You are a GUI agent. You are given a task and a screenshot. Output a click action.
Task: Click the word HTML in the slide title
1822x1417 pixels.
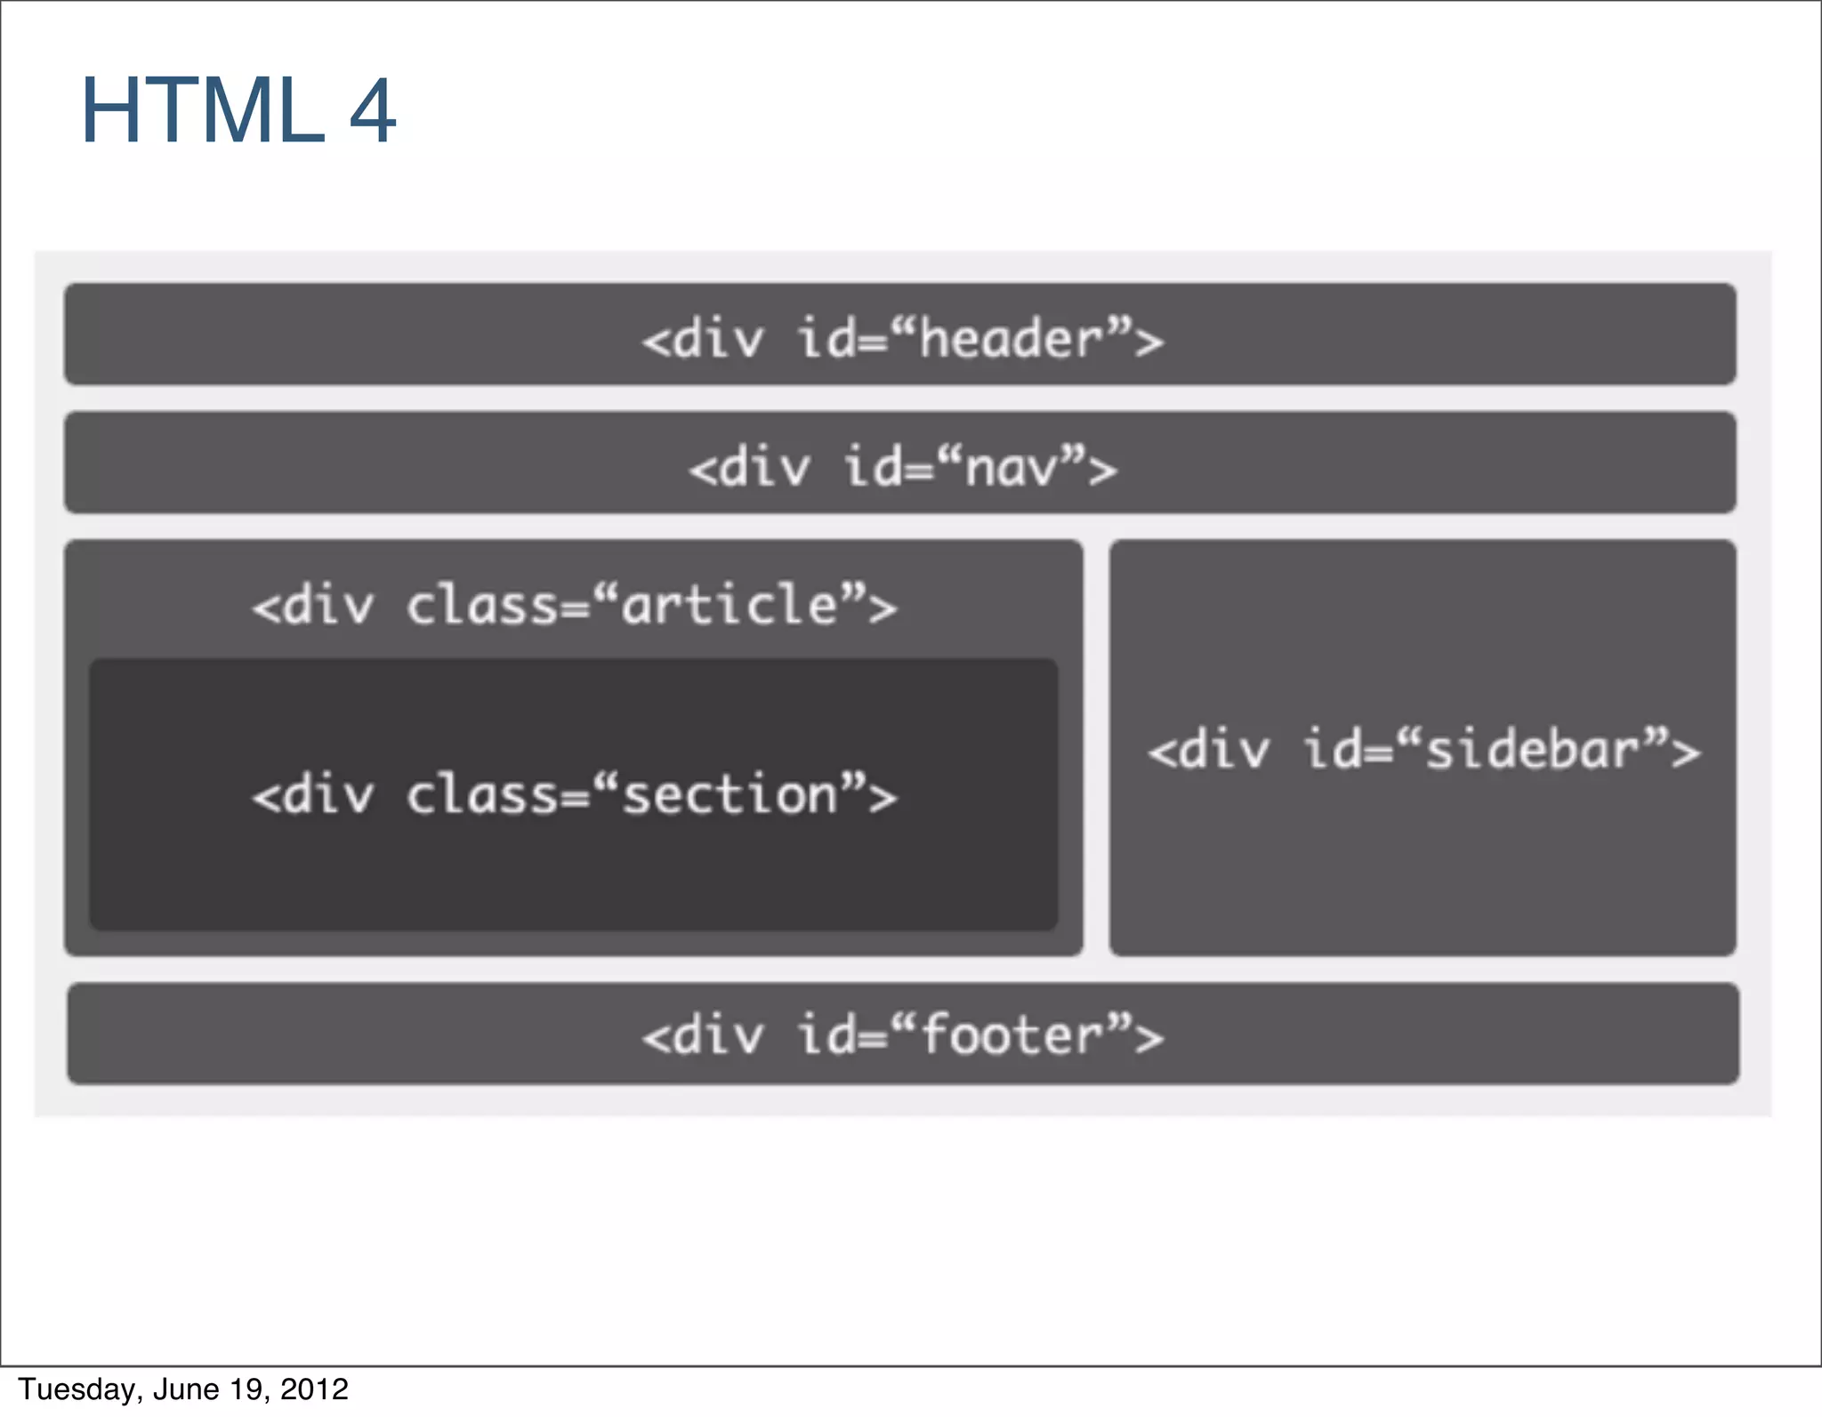203,111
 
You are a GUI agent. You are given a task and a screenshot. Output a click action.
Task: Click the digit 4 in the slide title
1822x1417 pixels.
372,111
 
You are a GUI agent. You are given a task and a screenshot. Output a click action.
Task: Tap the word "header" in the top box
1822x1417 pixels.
1011,339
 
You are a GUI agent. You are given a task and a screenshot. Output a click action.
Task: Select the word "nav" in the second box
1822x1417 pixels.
1012,468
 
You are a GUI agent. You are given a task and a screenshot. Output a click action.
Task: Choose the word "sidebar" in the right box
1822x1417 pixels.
1533,749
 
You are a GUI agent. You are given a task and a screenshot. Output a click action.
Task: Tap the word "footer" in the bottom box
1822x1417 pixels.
1012,1035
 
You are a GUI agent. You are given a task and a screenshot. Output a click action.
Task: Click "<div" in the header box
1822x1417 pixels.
703,340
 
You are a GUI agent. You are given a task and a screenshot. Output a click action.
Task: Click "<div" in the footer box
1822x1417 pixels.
703,1036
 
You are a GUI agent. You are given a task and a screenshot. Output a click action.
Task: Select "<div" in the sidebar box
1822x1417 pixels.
1208,750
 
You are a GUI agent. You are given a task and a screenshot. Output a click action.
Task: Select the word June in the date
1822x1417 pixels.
187,1389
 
